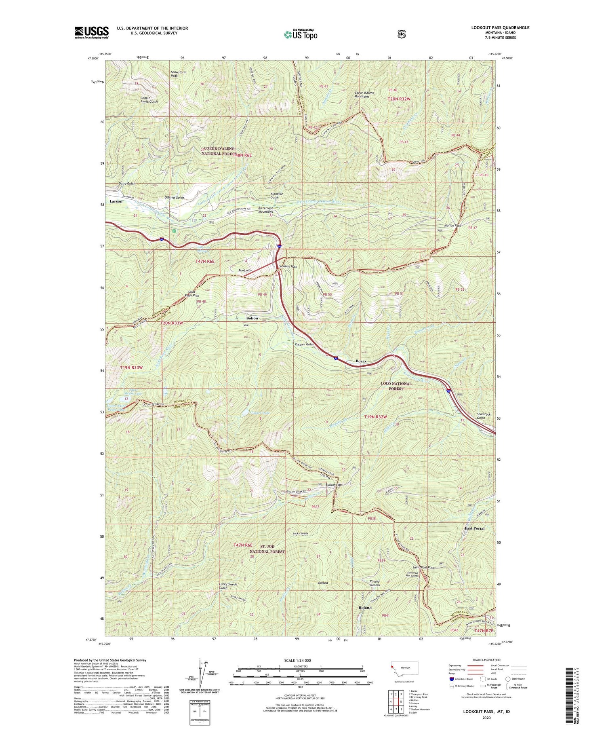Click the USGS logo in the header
[91, 32]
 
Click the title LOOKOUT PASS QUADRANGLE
[500, 27]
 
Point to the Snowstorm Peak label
[178, 74]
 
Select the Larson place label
[116, 201]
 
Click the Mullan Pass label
[452, 226]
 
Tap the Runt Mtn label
[245, 270]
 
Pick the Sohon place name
[252, 318]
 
